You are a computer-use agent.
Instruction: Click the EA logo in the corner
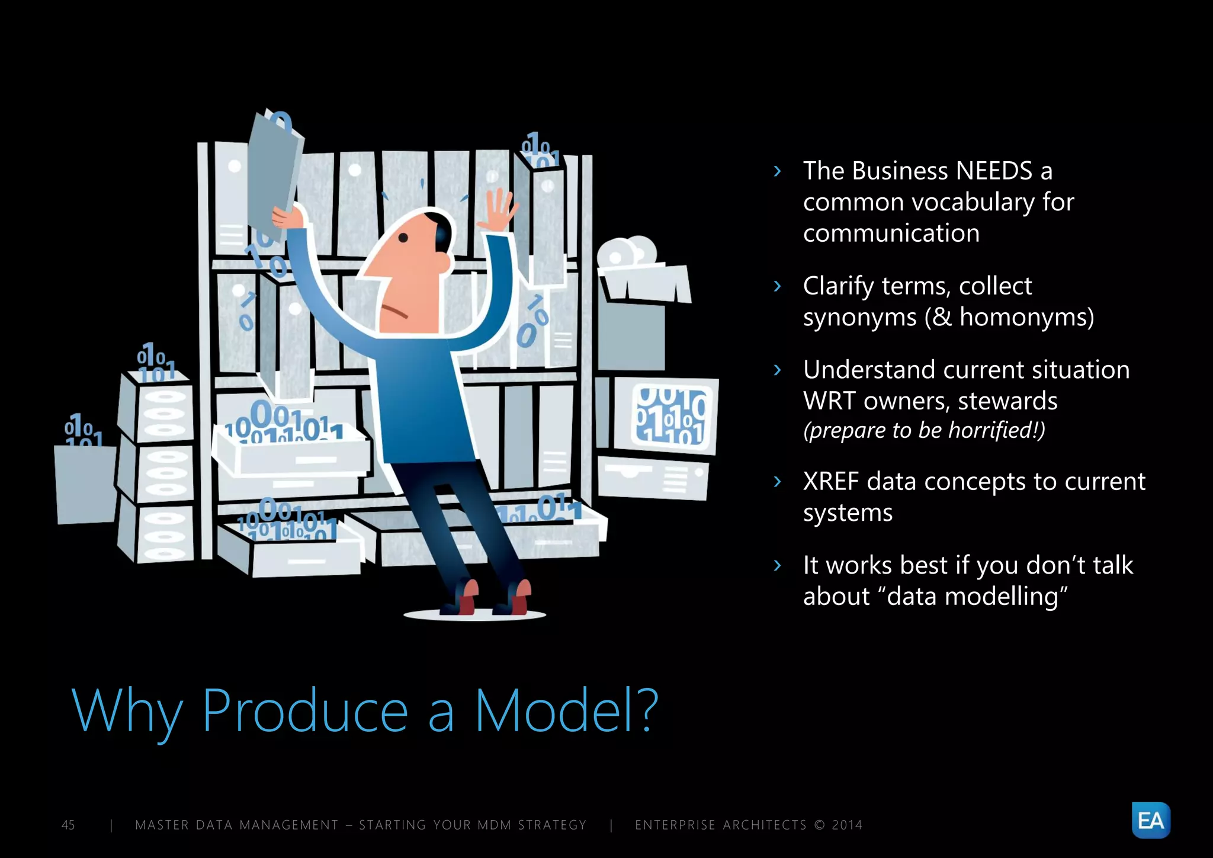1150,820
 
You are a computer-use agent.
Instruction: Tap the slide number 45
68,825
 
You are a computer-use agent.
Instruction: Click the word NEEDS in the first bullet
994,171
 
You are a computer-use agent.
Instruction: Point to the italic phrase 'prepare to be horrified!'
924,430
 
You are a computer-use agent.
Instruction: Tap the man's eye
403,238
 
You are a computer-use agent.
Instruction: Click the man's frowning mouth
394,312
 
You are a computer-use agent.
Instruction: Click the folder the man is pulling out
274,172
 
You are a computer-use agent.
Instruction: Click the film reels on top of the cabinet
628,252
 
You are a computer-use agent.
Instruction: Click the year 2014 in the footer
847,825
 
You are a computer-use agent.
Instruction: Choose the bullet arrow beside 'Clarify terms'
778,286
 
